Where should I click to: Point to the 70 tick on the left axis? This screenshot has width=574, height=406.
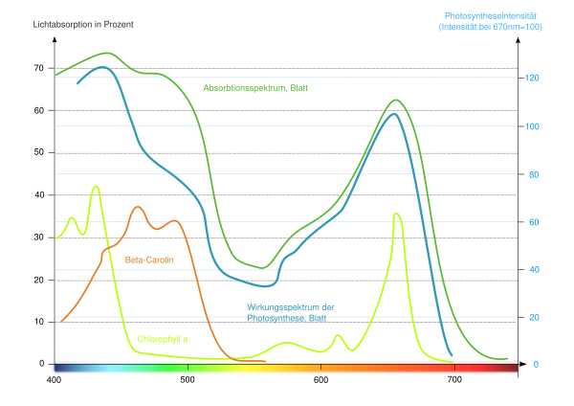coord(39,68)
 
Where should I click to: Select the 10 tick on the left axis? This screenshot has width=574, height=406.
coord(39,322)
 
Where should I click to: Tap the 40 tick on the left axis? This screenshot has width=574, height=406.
coord(39,195)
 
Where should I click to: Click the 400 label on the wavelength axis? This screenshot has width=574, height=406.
coord(55,380)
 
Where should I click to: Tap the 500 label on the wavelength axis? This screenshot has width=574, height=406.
coord(188,380)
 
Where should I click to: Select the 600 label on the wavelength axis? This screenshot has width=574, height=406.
coord(320,380)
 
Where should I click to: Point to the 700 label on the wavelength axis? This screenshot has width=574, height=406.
coord(453,380)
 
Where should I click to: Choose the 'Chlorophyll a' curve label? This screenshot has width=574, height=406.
coord(164,339)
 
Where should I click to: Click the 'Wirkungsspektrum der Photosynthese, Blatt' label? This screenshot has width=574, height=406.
coord(290,312)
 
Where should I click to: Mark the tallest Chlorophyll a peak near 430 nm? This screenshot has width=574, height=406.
coord(96,186)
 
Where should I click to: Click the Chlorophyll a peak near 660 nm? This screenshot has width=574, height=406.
coord(396,214)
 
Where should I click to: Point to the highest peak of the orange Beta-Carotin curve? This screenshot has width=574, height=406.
coord(138,207)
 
